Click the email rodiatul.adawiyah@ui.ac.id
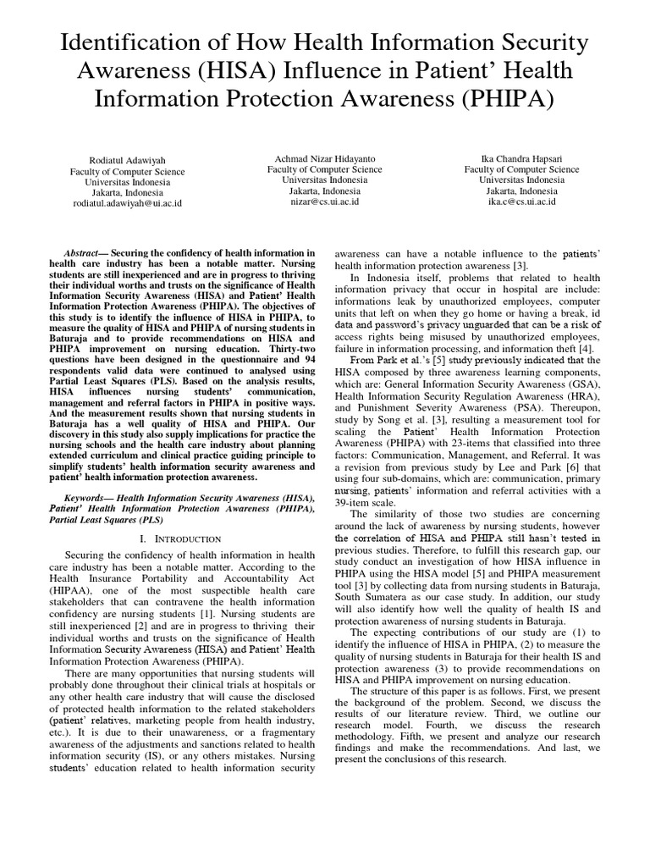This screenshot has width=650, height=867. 127,203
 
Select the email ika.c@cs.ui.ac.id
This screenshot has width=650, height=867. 521,202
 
